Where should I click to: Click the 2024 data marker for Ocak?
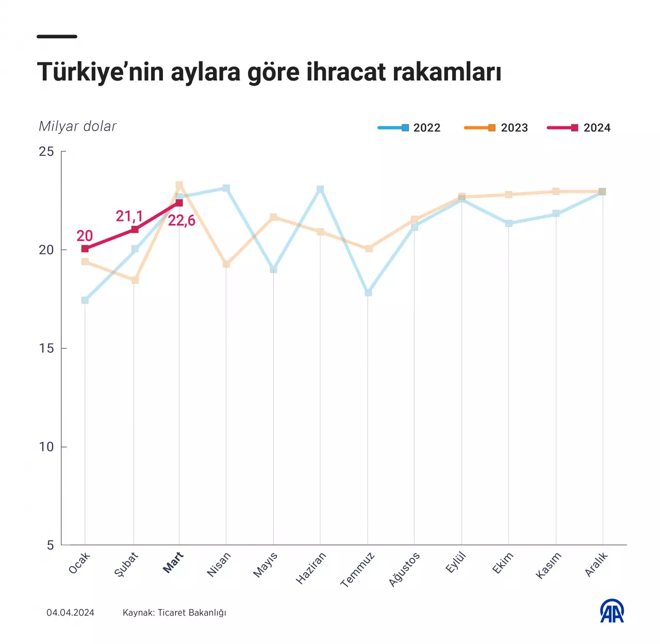pyautogui.click(x=85, y=249)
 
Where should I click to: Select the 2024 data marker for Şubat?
pyautogui.click(x=135, y=230)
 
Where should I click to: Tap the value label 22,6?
pyautogui.click(x=181, y=221)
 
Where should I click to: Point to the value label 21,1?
pyautogui.click(x=129, y=216)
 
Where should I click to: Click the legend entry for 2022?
pyautogui.click(x=409, y=128)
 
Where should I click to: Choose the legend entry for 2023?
pyautogui.click(x=496, y=128)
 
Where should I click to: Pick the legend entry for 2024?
pyautogui.click(x=579, y=128)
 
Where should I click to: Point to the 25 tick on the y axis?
pyautogui.click(x=46, y=152)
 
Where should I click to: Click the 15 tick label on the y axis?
pyautogui.click(x=46, y=348)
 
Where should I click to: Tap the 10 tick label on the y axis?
pyautogui.click(x=46, y=447)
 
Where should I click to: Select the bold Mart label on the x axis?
pyautogui.click(x=173, y=562)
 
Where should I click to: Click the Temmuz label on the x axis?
pyautogui.click(x=357, y=570)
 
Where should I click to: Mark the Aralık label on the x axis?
pyautogui.click(x=597, y=564)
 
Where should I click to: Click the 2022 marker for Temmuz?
pyautogui.click(x=368, y=293)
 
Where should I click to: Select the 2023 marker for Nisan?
pyautogui.click(x=226, y=264)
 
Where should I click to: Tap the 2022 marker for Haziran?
pyautogui.click(x=320, y=189)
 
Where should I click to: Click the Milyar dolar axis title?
pyautogui.click(x=78, y=126)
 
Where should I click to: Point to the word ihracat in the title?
pyautogui.click(x=346, y=72)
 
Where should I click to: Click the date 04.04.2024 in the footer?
pyautogui.click(x=71, y=613)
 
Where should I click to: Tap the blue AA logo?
pyautogui.click(x=612, y=611)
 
